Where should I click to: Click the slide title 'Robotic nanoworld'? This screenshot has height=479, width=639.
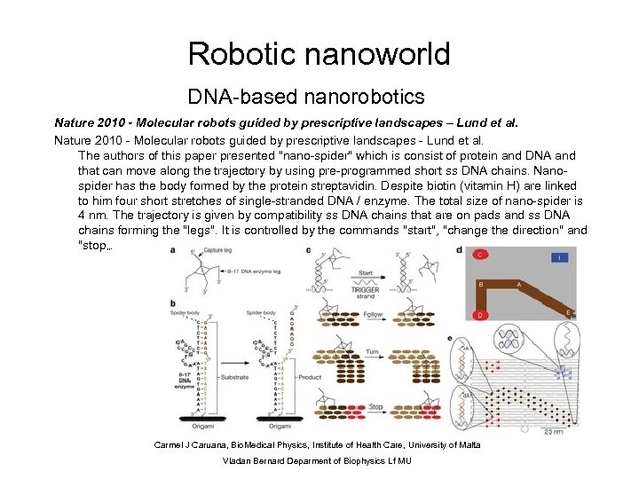(x=319, y=54)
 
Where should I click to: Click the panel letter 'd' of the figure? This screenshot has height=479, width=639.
(x=459, y=249)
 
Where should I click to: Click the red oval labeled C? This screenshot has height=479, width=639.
(x=479, y=255)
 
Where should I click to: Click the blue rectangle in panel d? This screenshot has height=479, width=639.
(x=560, y=258)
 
